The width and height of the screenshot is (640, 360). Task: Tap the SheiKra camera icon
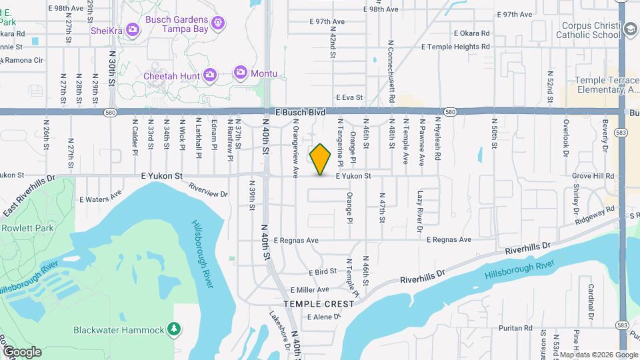tap(132, 29)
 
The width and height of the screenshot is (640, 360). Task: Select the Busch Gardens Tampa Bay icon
tap(217, 25)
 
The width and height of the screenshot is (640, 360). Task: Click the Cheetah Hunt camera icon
tap(209, 75)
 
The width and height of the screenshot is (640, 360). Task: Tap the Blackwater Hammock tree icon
tap(173, 329)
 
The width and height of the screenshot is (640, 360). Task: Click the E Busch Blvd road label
tap(296, 113)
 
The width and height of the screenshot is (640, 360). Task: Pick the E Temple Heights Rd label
tap(456, 47)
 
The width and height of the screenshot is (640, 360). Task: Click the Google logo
tap(21, 351)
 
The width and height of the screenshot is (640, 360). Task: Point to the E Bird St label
tap(322, 273)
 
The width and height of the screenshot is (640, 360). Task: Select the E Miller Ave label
tap(310, 290)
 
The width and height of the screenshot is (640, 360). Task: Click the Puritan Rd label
tap(519, 328)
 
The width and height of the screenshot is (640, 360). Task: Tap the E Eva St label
tap(349, 97)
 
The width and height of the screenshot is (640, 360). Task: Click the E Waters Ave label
tap(101, 197)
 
